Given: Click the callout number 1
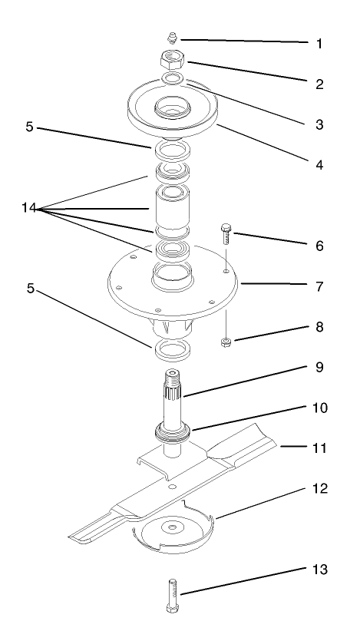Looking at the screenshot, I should pos(319,44).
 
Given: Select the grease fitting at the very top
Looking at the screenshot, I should pos(173,37).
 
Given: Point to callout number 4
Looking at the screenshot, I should pos(319,164).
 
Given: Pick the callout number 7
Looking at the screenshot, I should pos(319,286).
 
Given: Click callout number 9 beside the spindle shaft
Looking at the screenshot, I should pos(319,367).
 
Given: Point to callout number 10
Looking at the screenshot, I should pos(319,408).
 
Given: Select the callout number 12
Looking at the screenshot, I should pos(319,487).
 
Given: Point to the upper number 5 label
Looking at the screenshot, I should pos(29,127).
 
